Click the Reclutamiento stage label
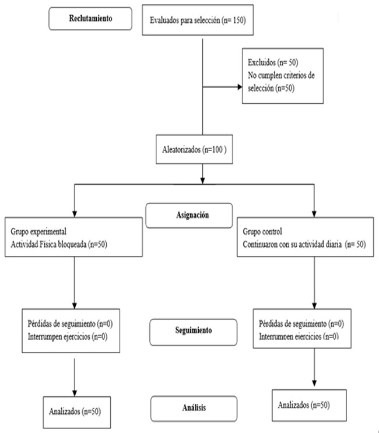(90, 19)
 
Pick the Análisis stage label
(194, 409)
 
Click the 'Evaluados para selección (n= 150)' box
(198, 20)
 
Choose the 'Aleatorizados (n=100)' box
(195, 149)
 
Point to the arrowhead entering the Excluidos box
(240, 87)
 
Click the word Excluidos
(261, 62)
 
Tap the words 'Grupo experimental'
(38, 231)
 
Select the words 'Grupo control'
(262, 231)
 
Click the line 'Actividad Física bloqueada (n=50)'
(59, 244)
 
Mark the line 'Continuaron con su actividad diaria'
(292, 244)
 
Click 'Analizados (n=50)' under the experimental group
(75, 411)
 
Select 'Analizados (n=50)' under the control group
(304, 405)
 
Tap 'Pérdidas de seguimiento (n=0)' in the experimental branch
(70, 323)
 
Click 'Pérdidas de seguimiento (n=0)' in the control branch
(301, 323)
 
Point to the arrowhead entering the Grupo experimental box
(74, 214)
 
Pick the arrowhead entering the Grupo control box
(314, 214)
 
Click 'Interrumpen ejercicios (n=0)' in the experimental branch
(68, 337)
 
